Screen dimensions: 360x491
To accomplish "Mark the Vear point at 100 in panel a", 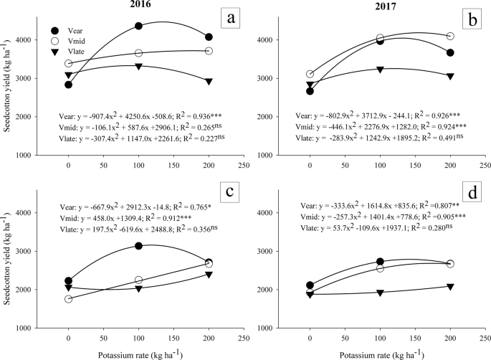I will pos(138,26).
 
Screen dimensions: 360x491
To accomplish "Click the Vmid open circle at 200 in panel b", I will pos(450,36).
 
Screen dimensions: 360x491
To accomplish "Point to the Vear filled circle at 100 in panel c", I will pos(138,246).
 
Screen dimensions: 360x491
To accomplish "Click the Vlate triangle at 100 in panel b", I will pos(381,69).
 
